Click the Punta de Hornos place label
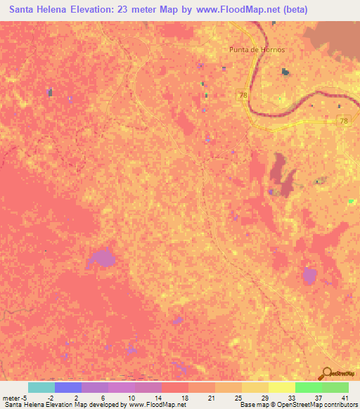(257, 49)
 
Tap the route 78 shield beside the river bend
(243, 95)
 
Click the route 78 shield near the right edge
(343, 121)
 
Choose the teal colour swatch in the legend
(41, 387)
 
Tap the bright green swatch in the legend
(308, 387)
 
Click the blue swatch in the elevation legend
(67, 387)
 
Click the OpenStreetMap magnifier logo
(326, 373)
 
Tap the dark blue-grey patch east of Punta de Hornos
(285, 72)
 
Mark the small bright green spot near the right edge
(351, 201)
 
